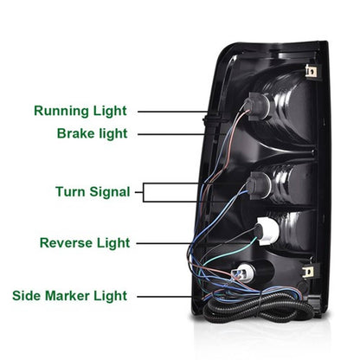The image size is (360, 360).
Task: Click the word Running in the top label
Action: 61,111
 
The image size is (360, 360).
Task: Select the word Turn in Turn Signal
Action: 70,191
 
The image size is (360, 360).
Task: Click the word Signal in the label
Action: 110,192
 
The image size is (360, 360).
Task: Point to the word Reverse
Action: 66,243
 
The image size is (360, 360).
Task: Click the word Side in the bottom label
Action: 27,296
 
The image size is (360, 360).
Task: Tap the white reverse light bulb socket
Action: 268,231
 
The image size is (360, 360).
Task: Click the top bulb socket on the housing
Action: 257,106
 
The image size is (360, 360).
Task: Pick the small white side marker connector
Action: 240,271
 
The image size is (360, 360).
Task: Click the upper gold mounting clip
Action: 311,71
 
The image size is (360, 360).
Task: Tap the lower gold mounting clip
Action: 310,272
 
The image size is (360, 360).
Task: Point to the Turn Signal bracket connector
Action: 144,192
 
